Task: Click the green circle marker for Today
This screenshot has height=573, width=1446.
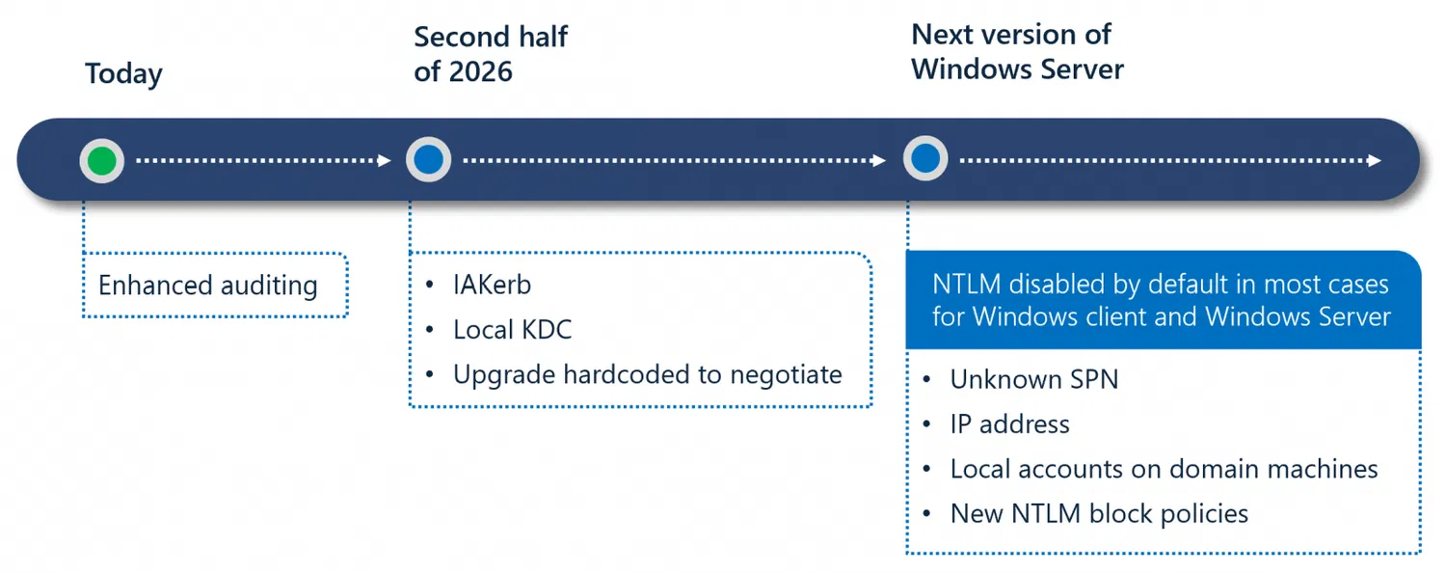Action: coord(101,161)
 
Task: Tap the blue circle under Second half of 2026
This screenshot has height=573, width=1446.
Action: coord(429,159)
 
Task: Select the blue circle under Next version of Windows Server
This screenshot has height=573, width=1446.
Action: coord(925,158)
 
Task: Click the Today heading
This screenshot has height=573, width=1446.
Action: coord(123,74)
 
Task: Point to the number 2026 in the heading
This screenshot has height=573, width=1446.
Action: coord(480,71)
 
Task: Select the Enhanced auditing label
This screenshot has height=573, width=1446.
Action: coord(208,285)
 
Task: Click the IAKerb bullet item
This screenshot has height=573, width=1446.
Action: coord(492,285)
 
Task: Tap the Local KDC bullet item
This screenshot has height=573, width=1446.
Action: coord(513,330)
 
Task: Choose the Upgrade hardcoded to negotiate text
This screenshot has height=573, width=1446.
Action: coord(648,374)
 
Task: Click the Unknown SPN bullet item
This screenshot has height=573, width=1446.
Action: coord(1034,379)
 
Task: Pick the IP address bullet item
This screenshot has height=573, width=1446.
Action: coord(1009,424)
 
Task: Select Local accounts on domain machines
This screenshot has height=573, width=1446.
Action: coord(1164,469)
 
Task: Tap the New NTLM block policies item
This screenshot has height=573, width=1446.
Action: coord(1099,513)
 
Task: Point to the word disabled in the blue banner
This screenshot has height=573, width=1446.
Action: coord(1058,285)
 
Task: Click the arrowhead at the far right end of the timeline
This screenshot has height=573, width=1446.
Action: coord(1375,160)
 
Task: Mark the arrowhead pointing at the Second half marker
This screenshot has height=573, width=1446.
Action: coord(384,160)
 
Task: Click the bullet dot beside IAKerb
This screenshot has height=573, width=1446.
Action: coord(430,285)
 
